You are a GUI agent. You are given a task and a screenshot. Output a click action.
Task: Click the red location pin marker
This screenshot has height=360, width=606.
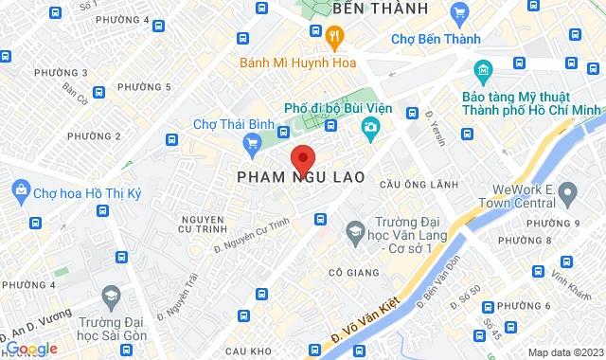[x=302, y=158]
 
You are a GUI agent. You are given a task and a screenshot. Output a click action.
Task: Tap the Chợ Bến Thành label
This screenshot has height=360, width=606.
[x=436, y=39]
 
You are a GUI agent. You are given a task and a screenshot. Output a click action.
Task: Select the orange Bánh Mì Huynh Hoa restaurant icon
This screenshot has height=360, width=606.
[x=333, y=37]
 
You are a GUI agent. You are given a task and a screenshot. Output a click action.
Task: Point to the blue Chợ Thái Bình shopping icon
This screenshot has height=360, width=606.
[x=251, y=144]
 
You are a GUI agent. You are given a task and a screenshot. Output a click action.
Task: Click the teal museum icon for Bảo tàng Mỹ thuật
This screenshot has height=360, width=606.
[x=482, y=71]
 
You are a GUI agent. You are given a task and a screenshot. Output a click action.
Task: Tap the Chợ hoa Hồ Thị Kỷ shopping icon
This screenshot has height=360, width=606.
[x=15, y=194]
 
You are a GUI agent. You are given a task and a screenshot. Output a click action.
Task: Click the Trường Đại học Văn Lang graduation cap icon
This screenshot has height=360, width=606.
[x=355, y=230]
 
